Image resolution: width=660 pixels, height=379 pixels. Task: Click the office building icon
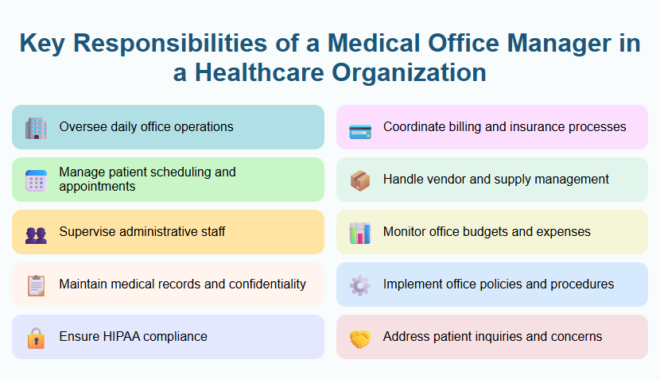[36, 127]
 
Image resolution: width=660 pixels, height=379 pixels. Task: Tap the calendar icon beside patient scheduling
[36, 180]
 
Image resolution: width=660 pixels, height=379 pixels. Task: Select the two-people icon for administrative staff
[36, 233]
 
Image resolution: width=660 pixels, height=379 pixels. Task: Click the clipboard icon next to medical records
[36, 285]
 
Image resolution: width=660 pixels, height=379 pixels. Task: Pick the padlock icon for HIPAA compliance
[36, 338]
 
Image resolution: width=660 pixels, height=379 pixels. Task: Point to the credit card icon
[360, 128]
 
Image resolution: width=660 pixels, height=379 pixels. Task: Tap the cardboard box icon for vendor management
[360, 180]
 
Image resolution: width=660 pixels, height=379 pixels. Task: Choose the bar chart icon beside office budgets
[360, 233]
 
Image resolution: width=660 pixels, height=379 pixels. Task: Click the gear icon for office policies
[360, 285]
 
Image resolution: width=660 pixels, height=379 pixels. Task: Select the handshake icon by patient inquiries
[360, 338]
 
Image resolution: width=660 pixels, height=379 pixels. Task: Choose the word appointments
[97, 187]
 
